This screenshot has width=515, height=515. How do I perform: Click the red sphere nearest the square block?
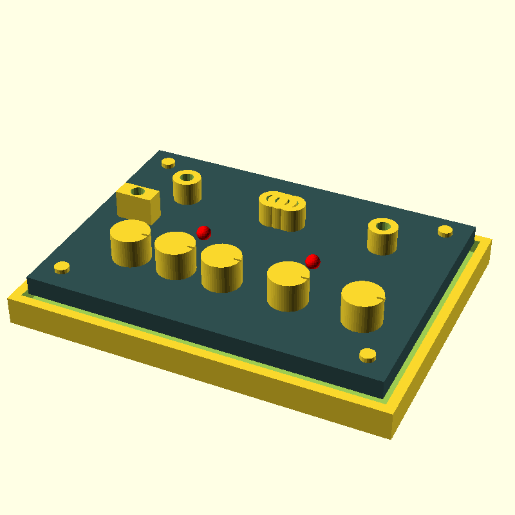click(203, 232)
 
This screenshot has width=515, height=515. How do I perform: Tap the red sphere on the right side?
click(312, 261)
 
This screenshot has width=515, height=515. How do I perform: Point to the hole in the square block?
click(137, 191)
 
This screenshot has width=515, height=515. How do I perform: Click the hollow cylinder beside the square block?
click(187, 187)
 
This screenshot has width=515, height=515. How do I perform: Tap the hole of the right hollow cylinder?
click(383, 227)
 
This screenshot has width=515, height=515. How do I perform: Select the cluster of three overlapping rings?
click(282, 211)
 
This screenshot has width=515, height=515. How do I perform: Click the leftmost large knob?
click(131, 243)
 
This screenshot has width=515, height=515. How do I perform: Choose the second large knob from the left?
click(175, 255)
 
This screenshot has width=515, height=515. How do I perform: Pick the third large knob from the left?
click(221, 268)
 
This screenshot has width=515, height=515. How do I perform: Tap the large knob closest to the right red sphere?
click(288, 286)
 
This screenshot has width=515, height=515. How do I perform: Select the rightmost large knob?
click(362, 306)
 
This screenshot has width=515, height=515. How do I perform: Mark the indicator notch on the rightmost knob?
click(380, 298)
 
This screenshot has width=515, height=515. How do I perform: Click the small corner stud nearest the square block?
click(168, 162)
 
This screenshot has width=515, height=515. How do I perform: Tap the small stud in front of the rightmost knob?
click(368, 355)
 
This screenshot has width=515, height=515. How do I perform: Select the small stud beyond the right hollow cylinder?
click(445, 230)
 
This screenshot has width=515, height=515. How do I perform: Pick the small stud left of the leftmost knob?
click(62, 267)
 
